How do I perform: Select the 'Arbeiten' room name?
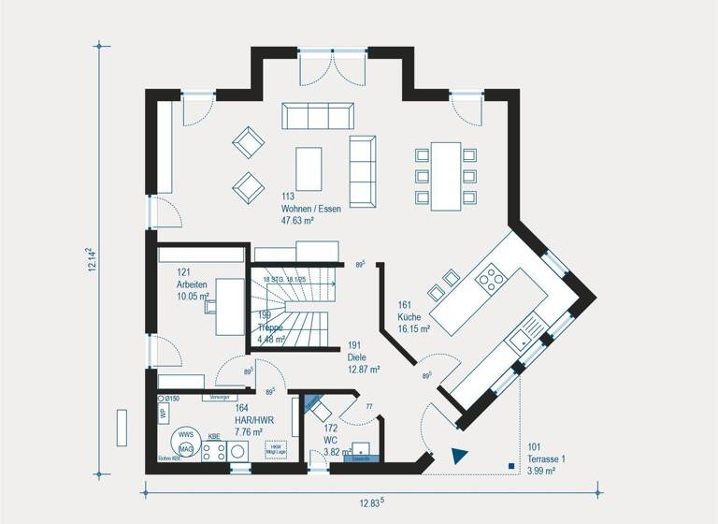click(192, 284)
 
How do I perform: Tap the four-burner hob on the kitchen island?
click(489, 278)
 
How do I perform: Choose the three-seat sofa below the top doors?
click(319, 116)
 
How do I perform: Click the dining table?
click(445, 175)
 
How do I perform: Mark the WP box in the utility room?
click(162, 414)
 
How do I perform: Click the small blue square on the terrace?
click(510, 465)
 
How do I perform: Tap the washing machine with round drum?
click(237, 451)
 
